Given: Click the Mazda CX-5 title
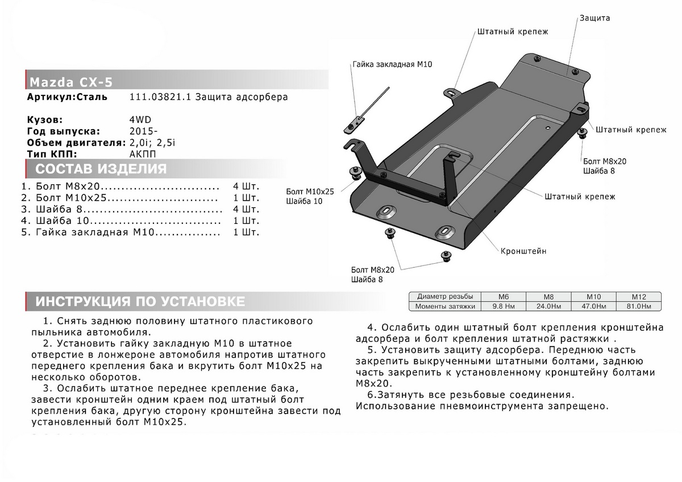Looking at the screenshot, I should pos(70,81).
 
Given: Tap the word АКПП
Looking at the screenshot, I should pos(143,154).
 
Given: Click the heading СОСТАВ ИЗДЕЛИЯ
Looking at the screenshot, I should pos(101,169).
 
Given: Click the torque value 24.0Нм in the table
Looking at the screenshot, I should pos(548,306).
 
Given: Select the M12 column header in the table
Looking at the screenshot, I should pos(639,297).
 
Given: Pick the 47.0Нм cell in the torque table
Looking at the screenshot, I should pos(594,306).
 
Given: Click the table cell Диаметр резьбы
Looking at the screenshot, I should pos(444,297).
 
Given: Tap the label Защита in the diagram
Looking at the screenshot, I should pos(594,18).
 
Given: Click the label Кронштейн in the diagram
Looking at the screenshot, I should pos(523,251).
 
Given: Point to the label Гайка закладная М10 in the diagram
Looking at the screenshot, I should pos(392,65).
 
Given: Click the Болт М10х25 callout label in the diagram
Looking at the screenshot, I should pos(310,192).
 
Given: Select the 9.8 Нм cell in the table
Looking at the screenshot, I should pos(502,306).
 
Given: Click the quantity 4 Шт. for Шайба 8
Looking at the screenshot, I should pos(246,209).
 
